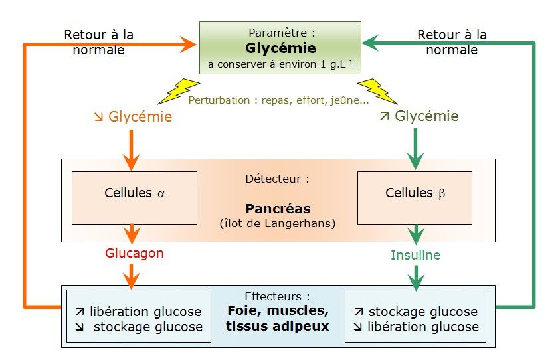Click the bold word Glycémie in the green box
280,48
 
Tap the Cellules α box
134,197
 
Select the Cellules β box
414,197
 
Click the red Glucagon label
134,253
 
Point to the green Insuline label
415,255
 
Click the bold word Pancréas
278,208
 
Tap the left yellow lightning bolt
178,92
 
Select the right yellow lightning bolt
378,92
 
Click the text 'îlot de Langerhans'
278,223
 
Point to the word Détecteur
278,179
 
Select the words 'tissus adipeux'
278,326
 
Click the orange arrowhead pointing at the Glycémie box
189,45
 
